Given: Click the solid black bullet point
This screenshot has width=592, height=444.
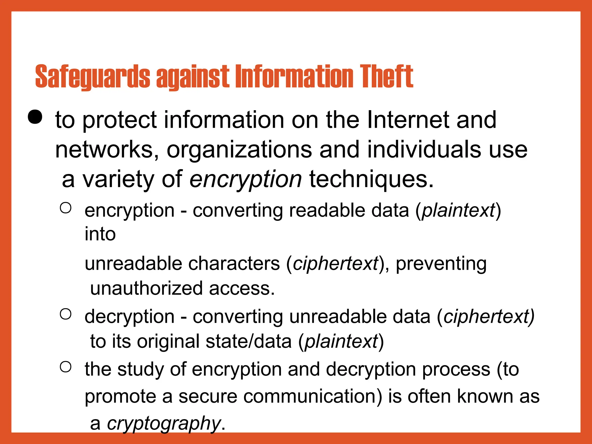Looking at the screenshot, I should click(35, 117).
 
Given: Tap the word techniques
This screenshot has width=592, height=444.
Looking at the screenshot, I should click(371, 180).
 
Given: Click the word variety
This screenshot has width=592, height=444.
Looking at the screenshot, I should click(119, 180).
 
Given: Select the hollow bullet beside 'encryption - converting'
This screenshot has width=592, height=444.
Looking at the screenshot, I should click(66, 208).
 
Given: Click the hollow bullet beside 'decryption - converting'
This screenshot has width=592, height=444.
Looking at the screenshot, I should click(66, 314).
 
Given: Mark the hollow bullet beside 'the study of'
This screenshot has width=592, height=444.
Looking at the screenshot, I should click(66, 367).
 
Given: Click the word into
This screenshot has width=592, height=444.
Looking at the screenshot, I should click(100, 234).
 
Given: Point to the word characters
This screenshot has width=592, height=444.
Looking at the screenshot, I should click(234, 264).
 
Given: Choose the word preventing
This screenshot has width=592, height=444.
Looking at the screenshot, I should click(441, 264).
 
